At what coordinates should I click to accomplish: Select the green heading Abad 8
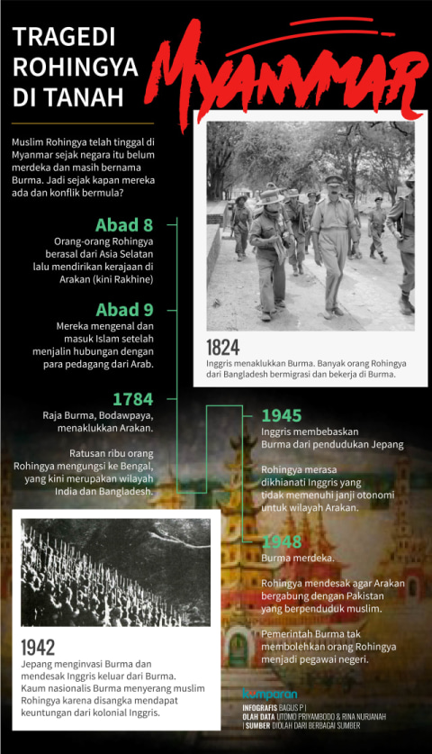[129, 225]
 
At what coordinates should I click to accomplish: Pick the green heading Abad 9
[129, 311]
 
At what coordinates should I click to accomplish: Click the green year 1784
[132, 398]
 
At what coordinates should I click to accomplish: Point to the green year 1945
[281, 415]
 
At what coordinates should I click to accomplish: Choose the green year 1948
[281, 541]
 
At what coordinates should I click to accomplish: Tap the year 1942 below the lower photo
[39, 646]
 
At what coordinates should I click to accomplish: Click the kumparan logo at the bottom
[269, 694]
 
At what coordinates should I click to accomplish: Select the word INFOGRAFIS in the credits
[263, 708]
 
